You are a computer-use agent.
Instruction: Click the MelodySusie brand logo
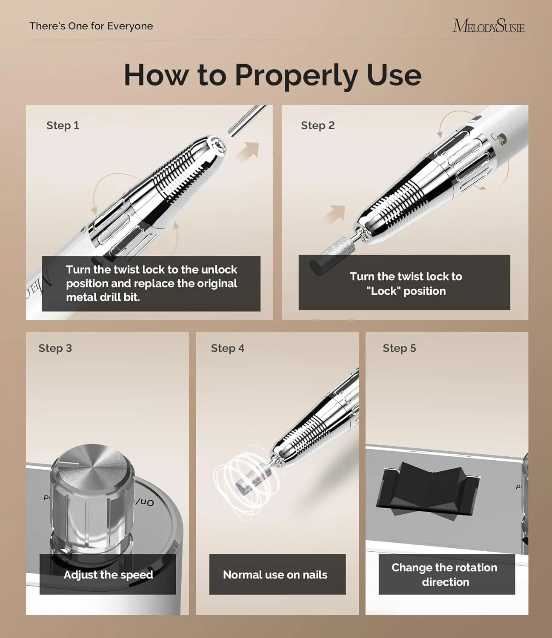click(x=488, y=26)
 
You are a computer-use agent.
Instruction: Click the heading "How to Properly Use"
click(x=272, y=75)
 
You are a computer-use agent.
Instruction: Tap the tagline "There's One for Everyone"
click(x=91, y=26)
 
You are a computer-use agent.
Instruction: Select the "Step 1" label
click(x=63, y=125)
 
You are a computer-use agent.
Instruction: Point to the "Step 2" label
click(x=317, y=125)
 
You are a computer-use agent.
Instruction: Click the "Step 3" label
click(x=55, y=348)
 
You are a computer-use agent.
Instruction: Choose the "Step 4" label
click(x=227, y=348)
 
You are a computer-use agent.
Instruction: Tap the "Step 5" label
click(x=399, y=348)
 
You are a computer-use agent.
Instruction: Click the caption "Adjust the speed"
click(x=108, y=575)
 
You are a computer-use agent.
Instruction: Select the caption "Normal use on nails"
click(x=275, y=575)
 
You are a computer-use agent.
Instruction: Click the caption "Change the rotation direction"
click(x=444, y=575)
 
